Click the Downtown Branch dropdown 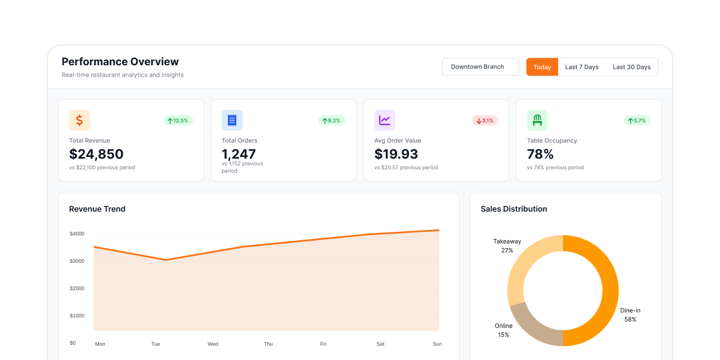tap(480, 67)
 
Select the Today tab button tap(542, 67)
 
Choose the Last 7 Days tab tap(582, 67)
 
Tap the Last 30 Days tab tap(631, 67)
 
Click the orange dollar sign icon tap(79, 120)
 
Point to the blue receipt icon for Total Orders tap(232, 120)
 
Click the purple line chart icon tap(385, 120)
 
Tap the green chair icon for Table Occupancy tap(537, 120)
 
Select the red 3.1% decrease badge tap(485, 120)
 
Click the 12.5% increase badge tap(178, 120)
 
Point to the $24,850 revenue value tap(96, 154)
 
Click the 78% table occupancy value tap(540, 154)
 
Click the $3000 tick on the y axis tap(77, 261)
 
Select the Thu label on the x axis tap(268, 344)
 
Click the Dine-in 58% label tap(630, 315)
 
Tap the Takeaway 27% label tap(507, 246)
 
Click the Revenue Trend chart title tap(97, 209)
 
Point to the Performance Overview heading tap(120, 62)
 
